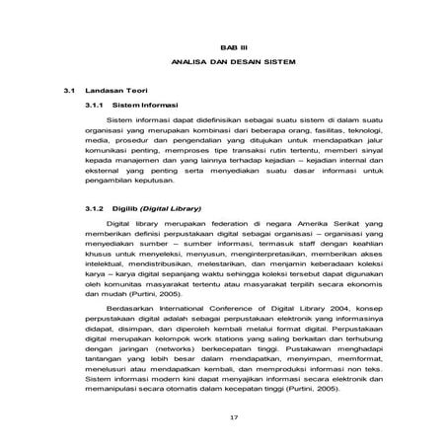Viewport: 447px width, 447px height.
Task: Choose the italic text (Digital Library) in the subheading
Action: pos(173,210)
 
